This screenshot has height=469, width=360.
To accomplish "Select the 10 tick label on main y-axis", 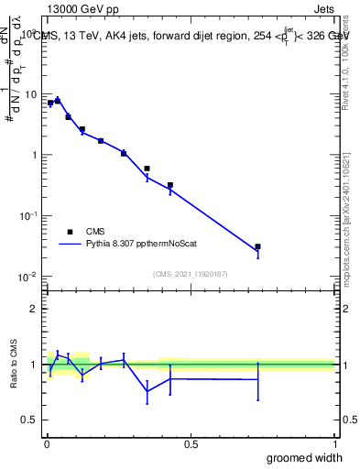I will [x=28, y=94].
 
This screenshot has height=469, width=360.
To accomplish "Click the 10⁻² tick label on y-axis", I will [x=27, y=276].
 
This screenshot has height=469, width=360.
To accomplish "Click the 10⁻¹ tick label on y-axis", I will [x=27, y=215].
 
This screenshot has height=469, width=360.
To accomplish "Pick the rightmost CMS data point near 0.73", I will [x=257, y=246].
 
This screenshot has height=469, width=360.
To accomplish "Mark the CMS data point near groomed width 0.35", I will [x=147, y=169].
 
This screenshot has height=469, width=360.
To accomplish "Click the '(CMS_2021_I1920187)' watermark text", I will [x=190, y=274].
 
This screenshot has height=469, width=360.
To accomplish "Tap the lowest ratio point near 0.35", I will [x=147, y=391].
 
